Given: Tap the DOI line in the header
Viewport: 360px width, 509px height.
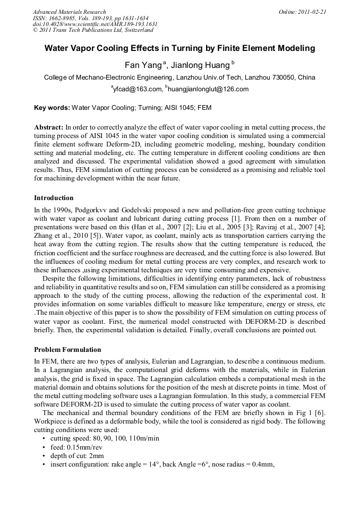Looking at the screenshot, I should (x=95, y=24).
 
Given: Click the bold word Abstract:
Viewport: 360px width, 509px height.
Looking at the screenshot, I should (x=49, y=128).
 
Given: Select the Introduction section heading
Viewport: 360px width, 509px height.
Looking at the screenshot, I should (x=54, y=198).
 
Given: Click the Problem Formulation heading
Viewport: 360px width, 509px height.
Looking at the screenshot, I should (x=67, y=350).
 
